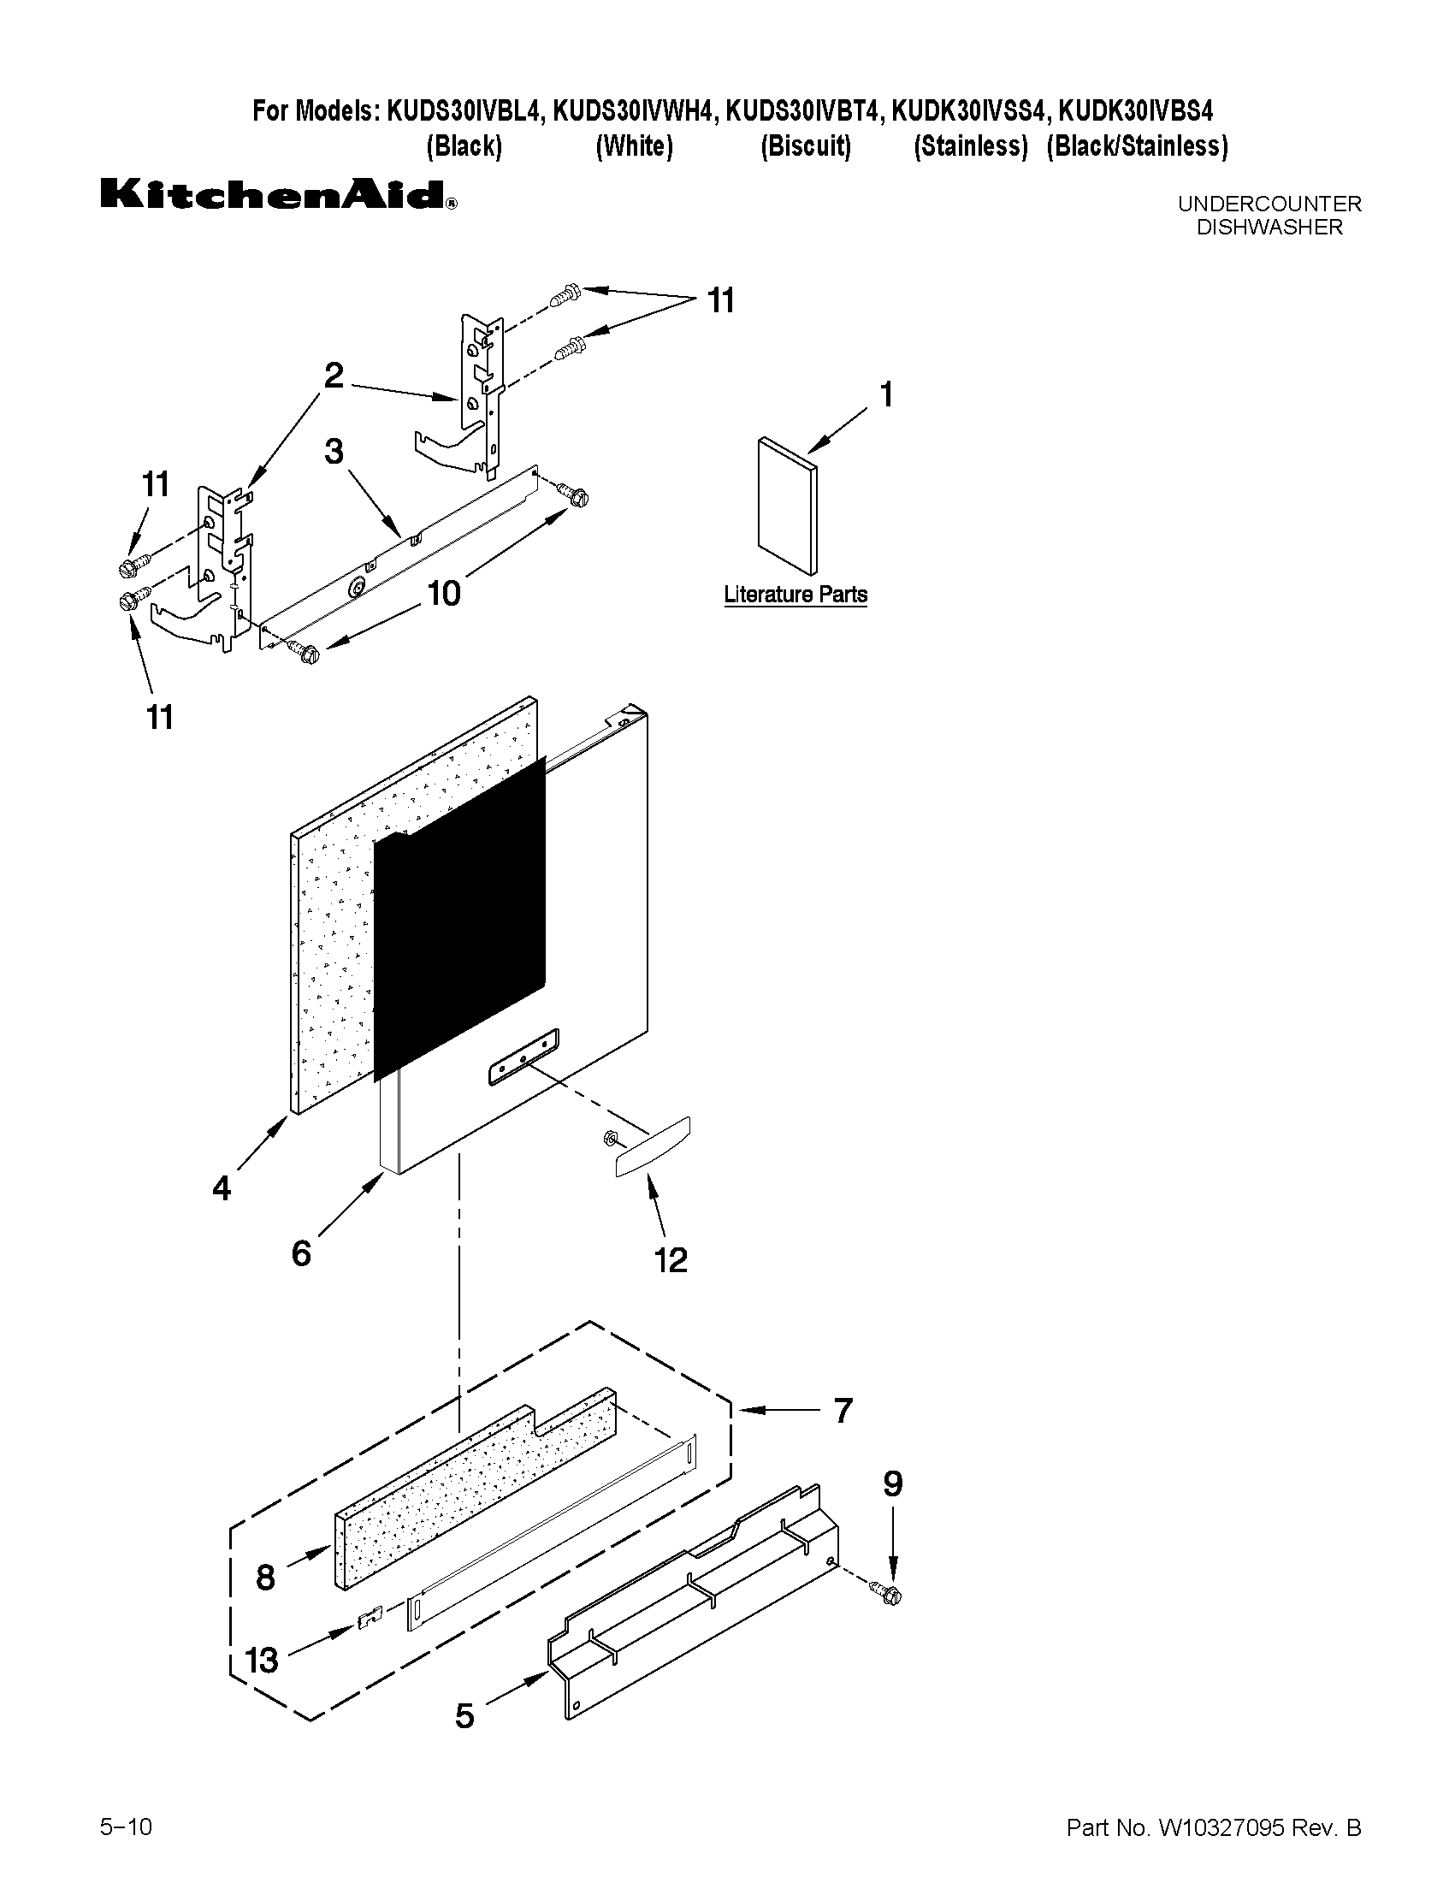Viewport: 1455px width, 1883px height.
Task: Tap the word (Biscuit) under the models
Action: tap(805, 146)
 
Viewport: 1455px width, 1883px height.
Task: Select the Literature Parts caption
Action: tap(795, 595)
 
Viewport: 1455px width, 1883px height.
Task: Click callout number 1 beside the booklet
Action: tap(885, 395)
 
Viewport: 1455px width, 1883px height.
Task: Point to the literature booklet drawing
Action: tap(787, 505)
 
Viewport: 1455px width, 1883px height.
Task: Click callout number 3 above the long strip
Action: tap(334, 452)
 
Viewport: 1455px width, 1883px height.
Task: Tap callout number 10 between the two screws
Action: tap(445, 593)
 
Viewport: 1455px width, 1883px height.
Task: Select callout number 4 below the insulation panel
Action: tap(222, 1189)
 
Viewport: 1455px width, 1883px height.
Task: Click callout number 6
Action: tap(301, 1252)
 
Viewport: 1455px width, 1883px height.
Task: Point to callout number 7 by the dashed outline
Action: tap(843, 1411)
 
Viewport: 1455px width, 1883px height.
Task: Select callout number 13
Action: tap(261, 1660)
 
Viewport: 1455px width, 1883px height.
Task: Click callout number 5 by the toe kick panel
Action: tap(464, 1715)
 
